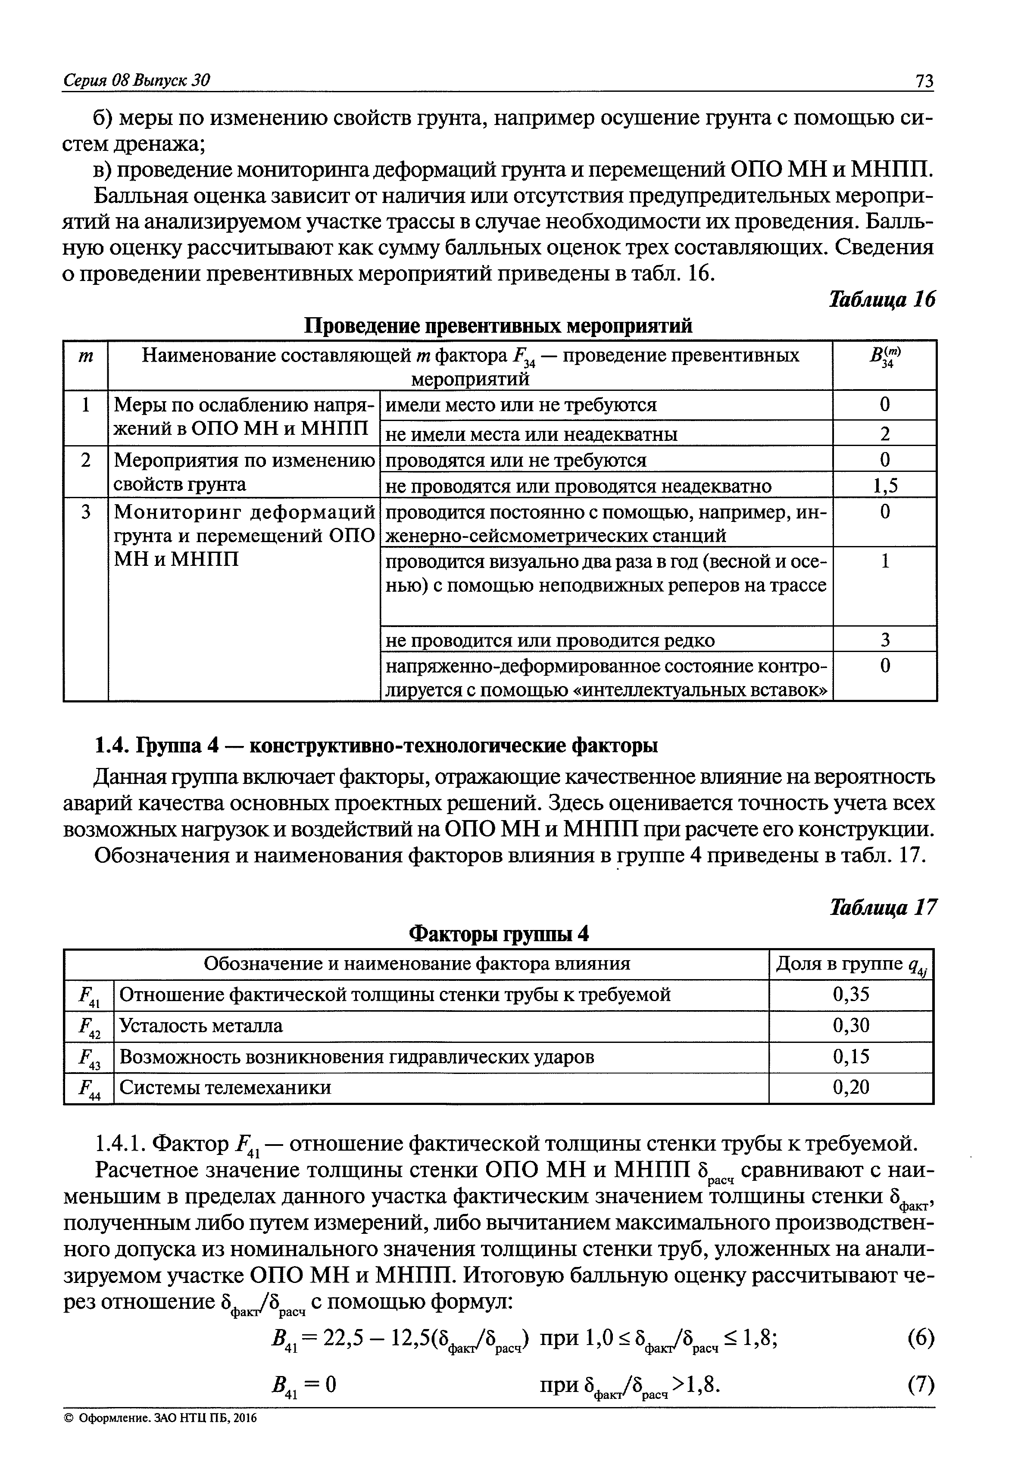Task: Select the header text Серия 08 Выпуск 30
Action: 137,80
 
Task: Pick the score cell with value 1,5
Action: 885,486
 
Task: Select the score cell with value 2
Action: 885,434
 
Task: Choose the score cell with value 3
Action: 885,640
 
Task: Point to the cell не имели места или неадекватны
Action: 532,434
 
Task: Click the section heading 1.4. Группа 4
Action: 376,746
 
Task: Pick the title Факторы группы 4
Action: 498,934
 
